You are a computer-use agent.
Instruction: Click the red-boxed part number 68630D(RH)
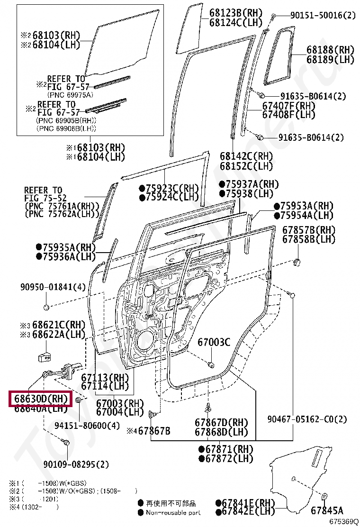(40, 399)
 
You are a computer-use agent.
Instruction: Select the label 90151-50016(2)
(323, 16)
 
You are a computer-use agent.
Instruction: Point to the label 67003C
(214, 342)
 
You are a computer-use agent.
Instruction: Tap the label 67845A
(327, 510)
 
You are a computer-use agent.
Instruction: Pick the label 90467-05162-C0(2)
(307, 419)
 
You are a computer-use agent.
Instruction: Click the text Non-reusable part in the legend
(173, 512)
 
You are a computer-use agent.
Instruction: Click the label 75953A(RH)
(306, 206)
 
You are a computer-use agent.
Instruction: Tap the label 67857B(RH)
(309, 230)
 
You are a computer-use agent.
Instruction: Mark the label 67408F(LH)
(289, 114)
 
